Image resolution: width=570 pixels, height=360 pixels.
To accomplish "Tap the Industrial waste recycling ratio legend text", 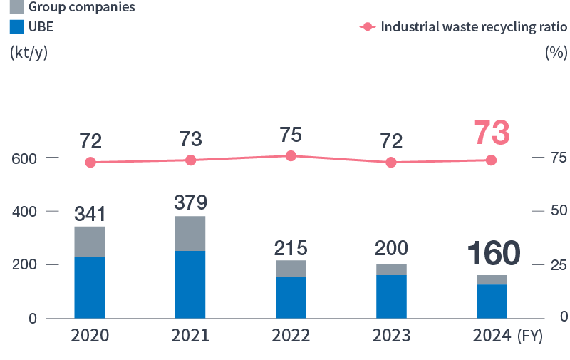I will [x=474, y=27].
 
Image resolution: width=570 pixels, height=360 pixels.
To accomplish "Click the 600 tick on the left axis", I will [x=24, y=158].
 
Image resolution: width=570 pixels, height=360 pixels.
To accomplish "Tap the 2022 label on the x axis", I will [x=291, y=336].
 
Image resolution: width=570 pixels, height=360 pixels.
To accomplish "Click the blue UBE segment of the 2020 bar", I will [x=90, y=287].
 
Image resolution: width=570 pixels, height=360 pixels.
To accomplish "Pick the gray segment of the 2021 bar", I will [x=190, y=233].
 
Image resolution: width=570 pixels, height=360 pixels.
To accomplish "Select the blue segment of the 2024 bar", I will [x=492, y=302].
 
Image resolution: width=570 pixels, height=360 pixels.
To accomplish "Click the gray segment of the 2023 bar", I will [x=391, y=269].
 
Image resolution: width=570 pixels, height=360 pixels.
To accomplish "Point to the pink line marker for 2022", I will [x=291, y=155].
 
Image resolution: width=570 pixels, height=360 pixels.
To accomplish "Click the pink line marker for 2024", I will [x=492, y=160].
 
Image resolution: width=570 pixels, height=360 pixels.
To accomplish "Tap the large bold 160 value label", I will [x=493, y=254].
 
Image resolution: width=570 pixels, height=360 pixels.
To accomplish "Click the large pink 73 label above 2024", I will [x=492, y=133].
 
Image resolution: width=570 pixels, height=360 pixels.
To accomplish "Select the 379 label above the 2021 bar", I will [x=190, y=202].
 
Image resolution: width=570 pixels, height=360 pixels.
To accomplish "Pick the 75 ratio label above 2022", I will [x=291, y=135].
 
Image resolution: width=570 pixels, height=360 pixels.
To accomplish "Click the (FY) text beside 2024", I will [x=534, y=336].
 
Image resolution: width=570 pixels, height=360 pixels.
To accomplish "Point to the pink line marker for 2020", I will [x=90, y=163].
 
